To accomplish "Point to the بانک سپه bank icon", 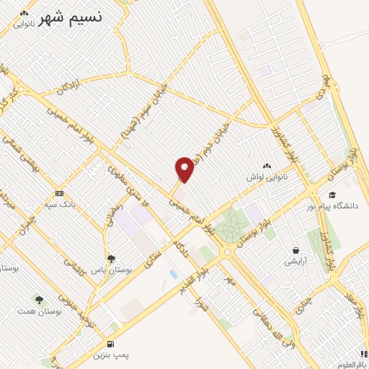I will (x=59, y=193).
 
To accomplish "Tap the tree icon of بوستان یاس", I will (x=111, y=258).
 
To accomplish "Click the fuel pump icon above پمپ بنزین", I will (x=110, y=344).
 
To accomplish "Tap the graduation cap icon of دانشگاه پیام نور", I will (x=332, y=195).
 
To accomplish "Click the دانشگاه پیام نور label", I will (x=336, y=206).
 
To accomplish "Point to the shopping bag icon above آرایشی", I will (x=295, y=250).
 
